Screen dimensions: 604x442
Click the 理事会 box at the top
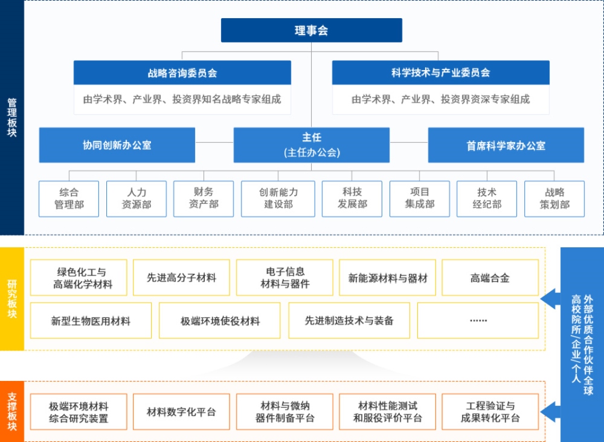311,30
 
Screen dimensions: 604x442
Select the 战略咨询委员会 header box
182,73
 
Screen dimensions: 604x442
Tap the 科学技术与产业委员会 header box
441,73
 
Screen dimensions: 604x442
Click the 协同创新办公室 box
117,145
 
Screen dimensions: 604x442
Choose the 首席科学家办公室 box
506,145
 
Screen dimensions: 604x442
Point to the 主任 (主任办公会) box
312,145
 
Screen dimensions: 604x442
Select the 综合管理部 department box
69,199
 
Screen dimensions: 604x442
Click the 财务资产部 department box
204,199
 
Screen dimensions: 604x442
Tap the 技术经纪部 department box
487,199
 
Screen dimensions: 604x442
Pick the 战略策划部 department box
554,199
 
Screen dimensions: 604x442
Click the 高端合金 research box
490,278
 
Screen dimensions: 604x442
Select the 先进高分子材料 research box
181,278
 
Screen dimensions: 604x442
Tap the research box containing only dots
478,320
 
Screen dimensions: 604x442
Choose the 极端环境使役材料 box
220,320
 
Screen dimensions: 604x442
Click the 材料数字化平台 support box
181,412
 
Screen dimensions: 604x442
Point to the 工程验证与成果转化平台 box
490,412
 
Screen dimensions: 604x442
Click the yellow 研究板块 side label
12,299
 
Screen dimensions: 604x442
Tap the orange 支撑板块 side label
12,411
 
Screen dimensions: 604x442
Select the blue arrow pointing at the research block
550,299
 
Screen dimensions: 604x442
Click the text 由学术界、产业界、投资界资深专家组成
441,100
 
